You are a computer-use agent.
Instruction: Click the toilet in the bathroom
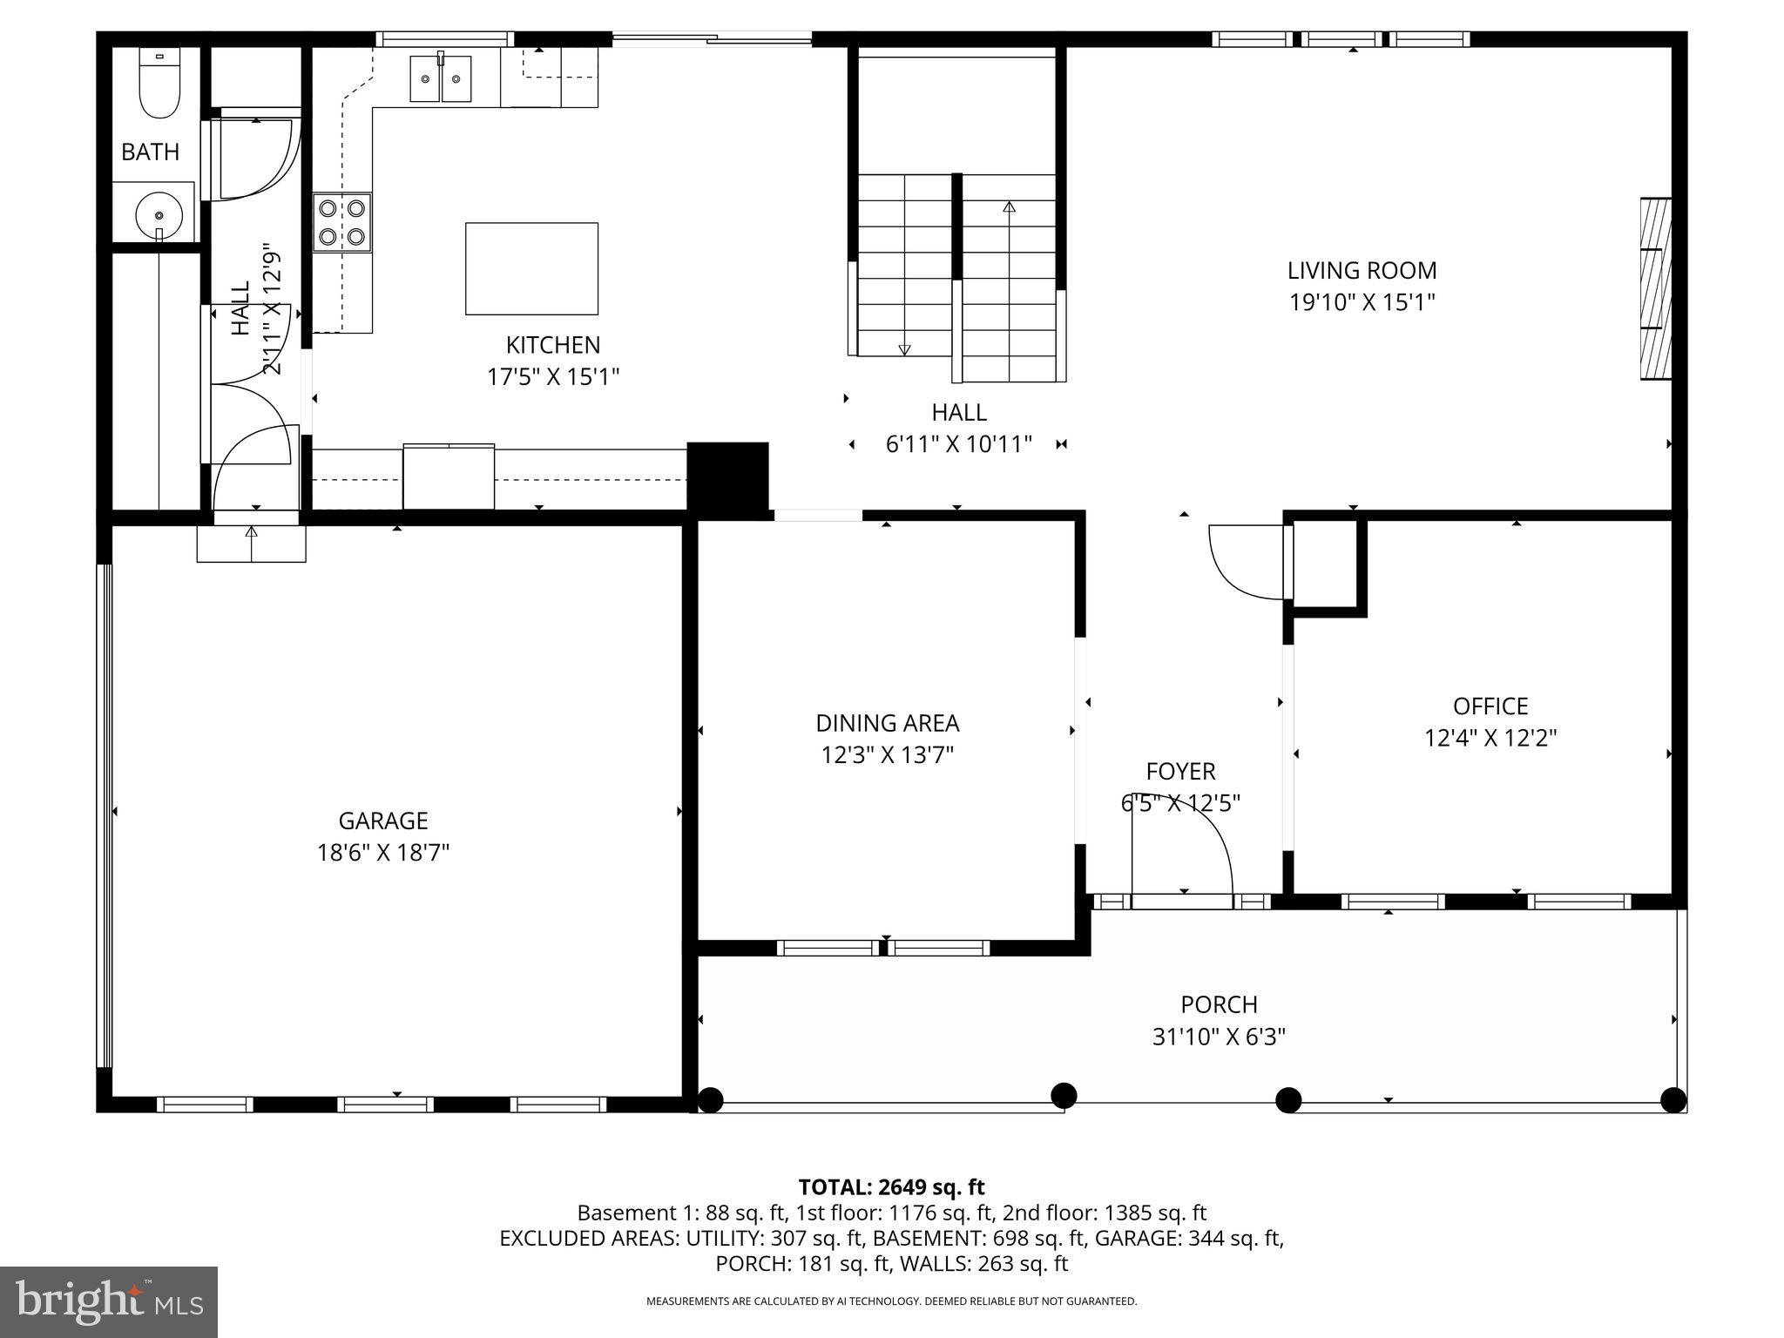159,84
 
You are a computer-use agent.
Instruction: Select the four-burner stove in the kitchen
342,222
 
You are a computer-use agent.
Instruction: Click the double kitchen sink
441,78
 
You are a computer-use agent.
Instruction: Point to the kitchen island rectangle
531,268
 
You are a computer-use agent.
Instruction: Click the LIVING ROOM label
1362,270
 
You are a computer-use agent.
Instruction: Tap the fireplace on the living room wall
1655,288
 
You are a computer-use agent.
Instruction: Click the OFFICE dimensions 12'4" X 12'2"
1490,738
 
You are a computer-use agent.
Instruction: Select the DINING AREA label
887,723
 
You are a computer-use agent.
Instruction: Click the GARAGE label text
383,821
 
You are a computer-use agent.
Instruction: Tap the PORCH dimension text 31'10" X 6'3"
1219,1037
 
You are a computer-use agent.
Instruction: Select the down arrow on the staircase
904,349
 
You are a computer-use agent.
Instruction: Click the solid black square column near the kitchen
728,476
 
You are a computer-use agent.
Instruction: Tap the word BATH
150,152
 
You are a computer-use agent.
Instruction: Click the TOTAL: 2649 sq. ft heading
891,1187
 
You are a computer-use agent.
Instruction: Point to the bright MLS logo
109,1302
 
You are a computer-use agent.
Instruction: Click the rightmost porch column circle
1672,1100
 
